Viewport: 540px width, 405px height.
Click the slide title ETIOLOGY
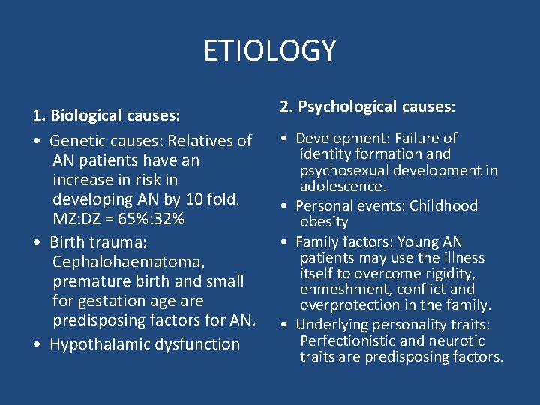270,51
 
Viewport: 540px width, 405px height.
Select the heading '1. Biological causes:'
106,115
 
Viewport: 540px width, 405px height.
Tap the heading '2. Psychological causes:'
367,107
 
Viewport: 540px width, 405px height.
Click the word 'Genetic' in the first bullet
79,141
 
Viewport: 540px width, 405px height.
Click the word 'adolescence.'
343,186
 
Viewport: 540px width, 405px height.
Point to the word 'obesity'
324,222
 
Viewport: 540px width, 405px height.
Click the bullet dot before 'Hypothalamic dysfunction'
37,345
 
